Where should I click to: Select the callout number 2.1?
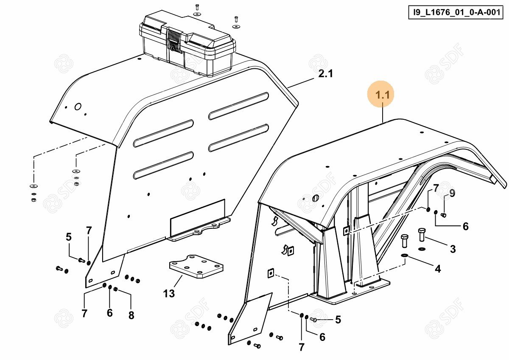(x=325, y=74)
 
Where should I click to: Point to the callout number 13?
(x=169, y=293)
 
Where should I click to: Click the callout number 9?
(x=452, y=194)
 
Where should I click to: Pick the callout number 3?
(x=453, y=249)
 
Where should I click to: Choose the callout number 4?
(x=438, y=268)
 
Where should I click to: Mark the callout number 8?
(x=131, y=315)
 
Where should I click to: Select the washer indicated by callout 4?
(x=404, y=256)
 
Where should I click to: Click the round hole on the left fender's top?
(x=78, y=107)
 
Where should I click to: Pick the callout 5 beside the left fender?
(x=69, y=237)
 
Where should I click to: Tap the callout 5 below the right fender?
(x=338, y=320)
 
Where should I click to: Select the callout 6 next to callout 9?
(x=465, y=227)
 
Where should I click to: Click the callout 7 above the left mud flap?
(x=89, y=231)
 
